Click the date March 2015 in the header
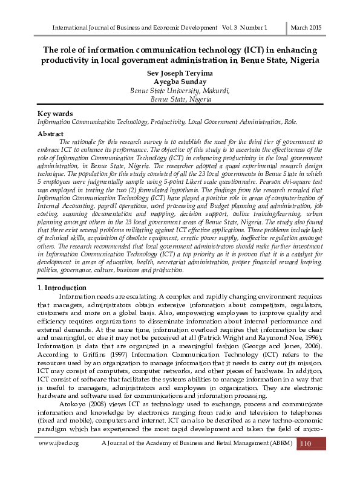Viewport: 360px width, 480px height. point(306,28)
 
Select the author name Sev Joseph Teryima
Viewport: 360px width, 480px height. point(180,73)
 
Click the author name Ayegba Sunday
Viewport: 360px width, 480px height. point(180,82)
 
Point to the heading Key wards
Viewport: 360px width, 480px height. point(55,114)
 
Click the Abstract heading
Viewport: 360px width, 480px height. point(50,133)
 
